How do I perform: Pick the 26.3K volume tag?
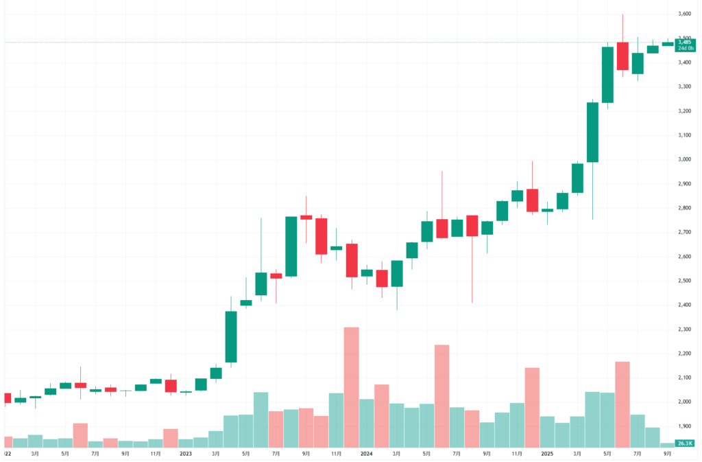[x=684, y=443]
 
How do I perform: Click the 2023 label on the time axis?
[x=186, y=454]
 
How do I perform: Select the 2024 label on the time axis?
[x=366, y=454]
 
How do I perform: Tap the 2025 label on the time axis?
[x=547, y=454]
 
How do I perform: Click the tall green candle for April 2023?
[x=231, y=336]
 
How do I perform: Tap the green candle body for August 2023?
[x=291, y=246]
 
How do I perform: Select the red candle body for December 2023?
[x=351, y=260]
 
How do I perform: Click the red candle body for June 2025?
[x=622, y=56]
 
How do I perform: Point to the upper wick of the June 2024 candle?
[x=441, y=196]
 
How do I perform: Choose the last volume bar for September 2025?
[x=668, y=445]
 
